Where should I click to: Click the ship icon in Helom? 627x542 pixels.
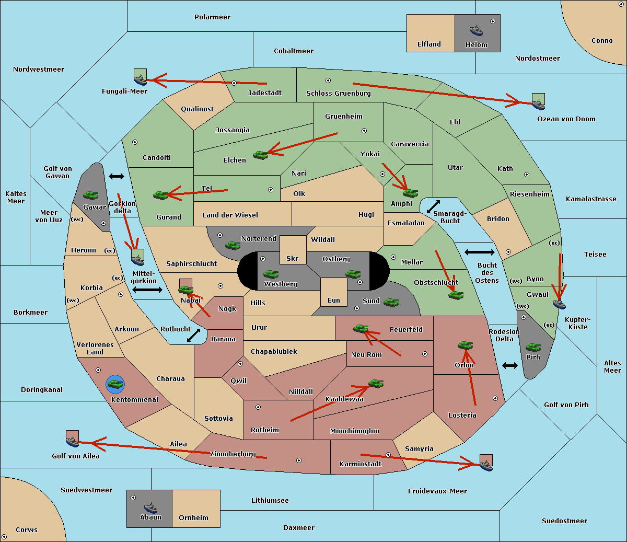(x=476, y=30)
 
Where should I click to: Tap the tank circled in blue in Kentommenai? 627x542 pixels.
(x=115, y=384)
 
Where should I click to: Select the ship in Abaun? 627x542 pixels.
(x=150, y=508)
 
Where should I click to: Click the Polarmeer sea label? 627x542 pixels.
(x=212, y=17)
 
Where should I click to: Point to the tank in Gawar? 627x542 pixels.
(x=90, y=195)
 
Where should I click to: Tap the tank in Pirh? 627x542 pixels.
(x=533, y=347)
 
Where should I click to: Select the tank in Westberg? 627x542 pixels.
(x=271, y=274)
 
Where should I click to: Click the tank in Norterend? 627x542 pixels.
(x=233, y=245)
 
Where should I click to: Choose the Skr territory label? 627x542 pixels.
(x=293, y=258)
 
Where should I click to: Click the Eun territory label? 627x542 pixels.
(x=334, y=300)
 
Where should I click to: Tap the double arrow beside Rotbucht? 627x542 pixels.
(x=193, y=335)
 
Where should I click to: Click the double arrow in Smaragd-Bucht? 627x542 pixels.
(x=433, y=206)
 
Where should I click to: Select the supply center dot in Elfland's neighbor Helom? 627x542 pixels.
(x=493, y=21)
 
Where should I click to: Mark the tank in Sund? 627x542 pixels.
(x=391, y=302)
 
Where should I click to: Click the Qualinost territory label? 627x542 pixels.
(x=197, y=109)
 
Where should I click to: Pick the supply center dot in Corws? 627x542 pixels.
(x=4, y=537)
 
